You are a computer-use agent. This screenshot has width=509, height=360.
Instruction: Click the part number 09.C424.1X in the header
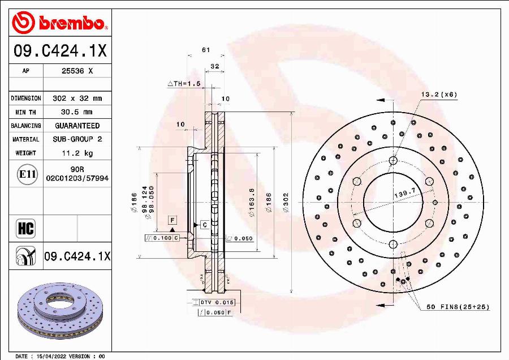(x=60, y=52)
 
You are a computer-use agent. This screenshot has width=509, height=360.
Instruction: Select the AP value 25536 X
(x=77, y=71)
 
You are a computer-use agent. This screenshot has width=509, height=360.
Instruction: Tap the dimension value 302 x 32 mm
(x=77, y=98)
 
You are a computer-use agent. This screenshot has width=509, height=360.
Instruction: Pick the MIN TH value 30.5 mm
(x=77, y=112)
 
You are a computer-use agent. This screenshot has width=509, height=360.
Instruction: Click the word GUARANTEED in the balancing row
(x=77, y=126)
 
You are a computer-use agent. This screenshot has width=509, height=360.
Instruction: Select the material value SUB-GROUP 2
(x=77, y=139)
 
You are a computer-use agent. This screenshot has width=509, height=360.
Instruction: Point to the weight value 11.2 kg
(x=77, y=153)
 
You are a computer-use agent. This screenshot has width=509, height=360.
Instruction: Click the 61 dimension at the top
(x=206, y=50)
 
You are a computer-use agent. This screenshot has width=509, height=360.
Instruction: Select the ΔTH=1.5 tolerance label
(x=184, y=83)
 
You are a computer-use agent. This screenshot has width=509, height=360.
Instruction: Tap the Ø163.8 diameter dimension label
(x=252, y=203)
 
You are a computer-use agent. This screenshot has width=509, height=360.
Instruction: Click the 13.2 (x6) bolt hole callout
(x=438, y=94)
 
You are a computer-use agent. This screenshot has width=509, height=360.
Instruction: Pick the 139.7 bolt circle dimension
(x=404, y=194)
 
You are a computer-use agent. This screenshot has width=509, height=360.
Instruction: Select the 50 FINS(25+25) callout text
(x=457, y=307)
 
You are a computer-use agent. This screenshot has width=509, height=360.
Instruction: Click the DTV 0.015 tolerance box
(x=217, y=303)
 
